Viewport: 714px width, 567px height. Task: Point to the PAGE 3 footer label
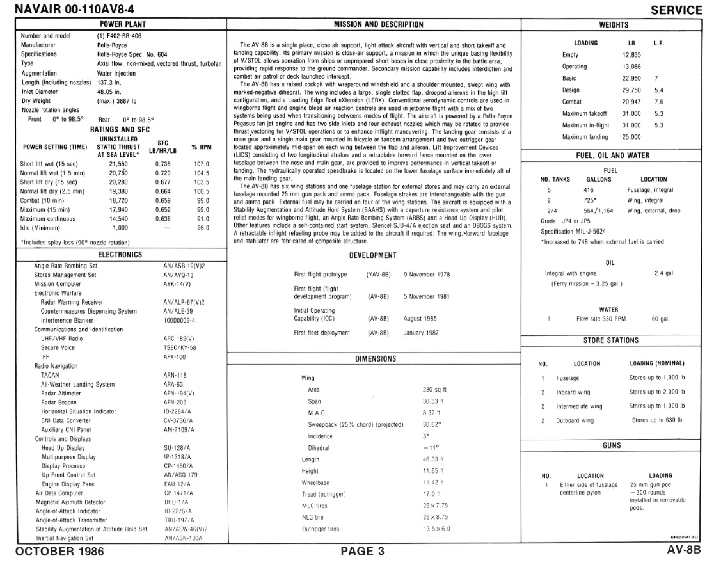pos(362,551)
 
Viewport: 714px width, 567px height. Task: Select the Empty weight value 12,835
pos(631,55)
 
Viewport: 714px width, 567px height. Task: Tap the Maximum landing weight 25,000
pos(631,137)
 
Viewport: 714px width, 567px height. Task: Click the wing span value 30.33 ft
pos(433,401)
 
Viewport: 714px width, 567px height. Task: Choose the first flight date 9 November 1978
pos(427,275)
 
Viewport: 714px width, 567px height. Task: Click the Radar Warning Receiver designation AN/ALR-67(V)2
pos(184,302)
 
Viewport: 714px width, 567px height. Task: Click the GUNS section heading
pos(612,445)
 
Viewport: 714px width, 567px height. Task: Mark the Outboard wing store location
pos(575,420)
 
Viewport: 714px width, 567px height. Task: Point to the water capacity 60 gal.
pos(660,319)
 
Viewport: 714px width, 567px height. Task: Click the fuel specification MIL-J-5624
pos(573,232)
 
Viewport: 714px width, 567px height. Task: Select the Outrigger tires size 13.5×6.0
pos(436,529)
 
